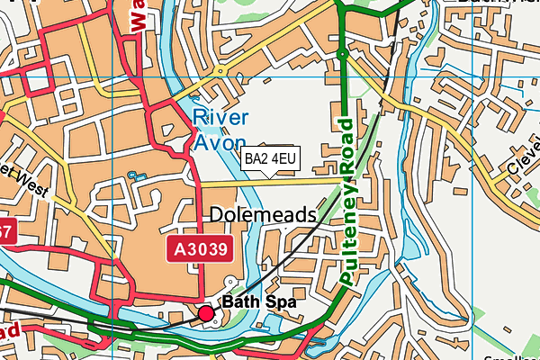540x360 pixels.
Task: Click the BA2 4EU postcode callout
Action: (271, 159)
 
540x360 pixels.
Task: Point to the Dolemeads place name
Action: (263, 215)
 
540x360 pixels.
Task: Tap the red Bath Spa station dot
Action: (207, 313)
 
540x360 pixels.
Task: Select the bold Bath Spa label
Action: (259, 303)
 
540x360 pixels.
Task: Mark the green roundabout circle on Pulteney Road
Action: (342, 55)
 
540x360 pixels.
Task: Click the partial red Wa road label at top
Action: (137, 16)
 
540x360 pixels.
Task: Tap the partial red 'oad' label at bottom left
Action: (9, 331)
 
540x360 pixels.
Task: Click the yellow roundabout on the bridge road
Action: (218, 79)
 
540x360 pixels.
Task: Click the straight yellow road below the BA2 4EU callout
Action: (270, 183)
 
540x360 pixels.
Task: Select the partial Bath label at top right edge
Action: (509, 4)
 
